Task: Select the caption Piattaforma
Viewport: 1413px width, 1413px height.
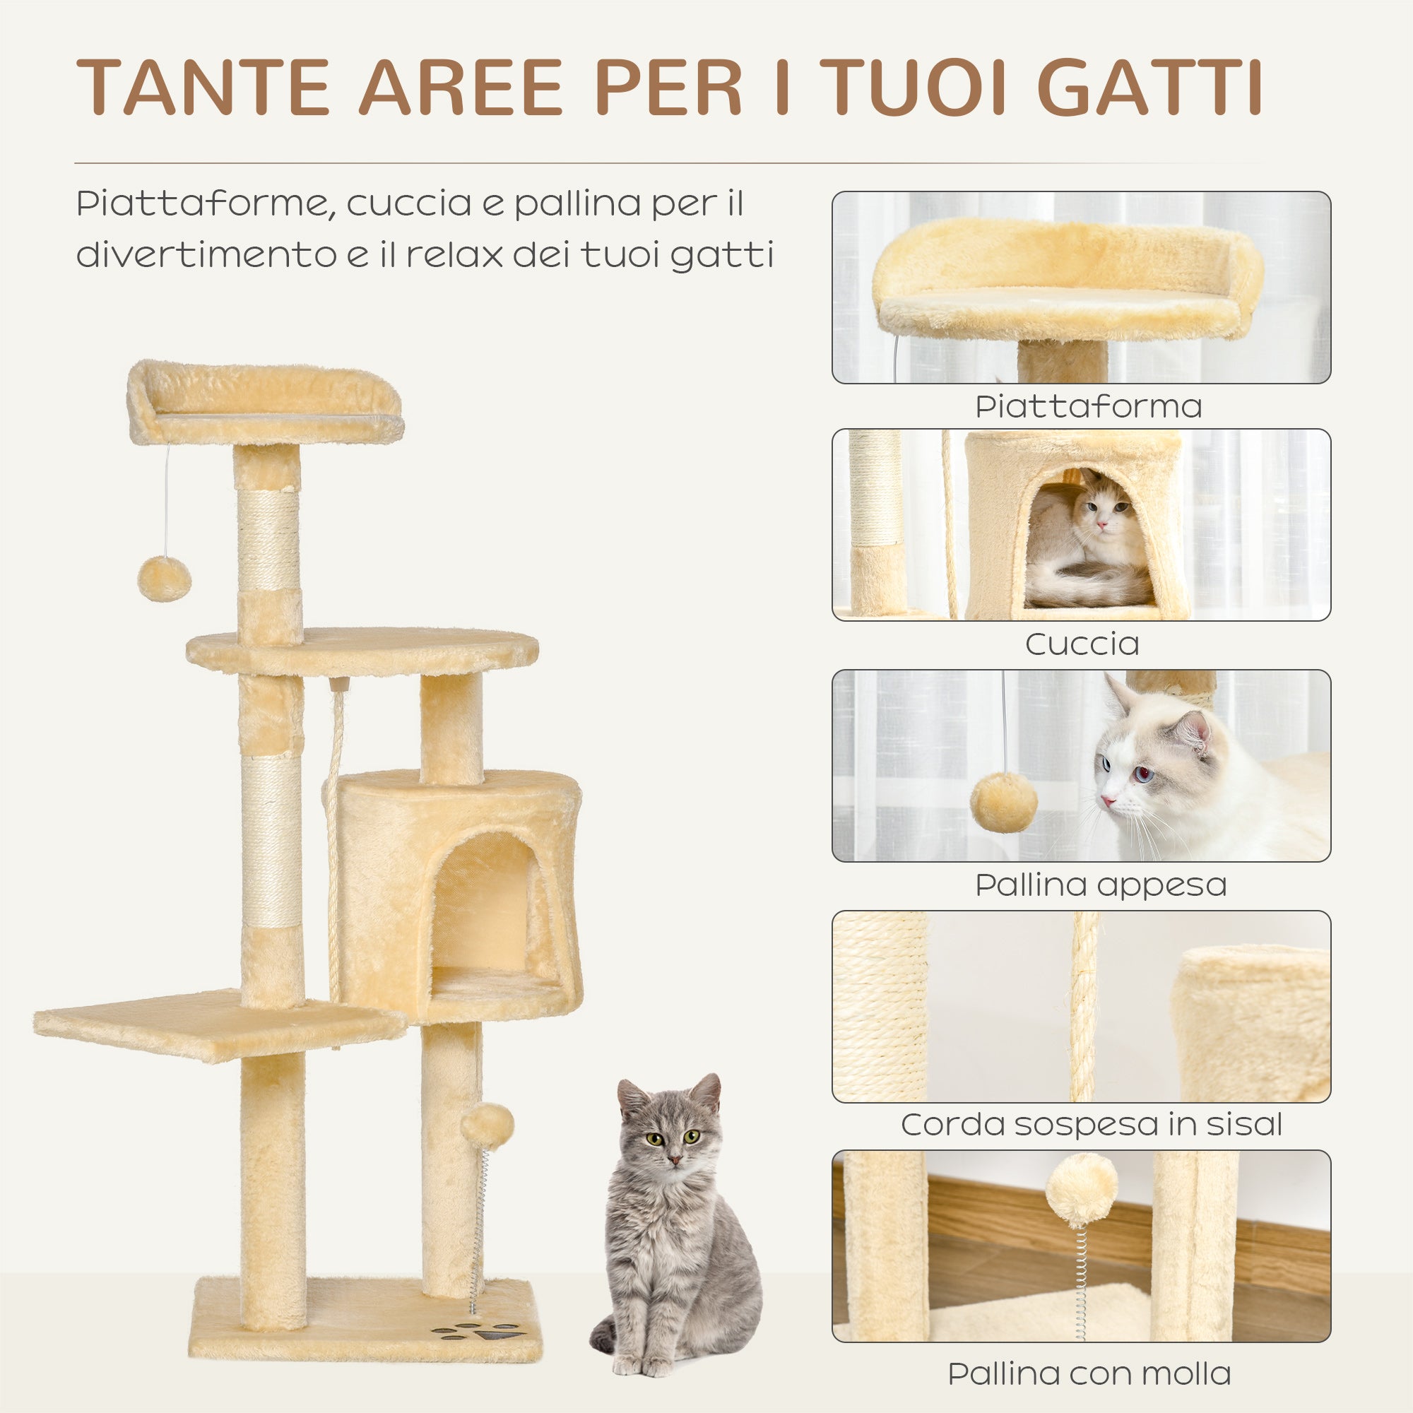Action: click(1088, 407)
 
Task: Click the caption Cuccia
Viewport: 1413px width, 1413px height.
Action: click(1082, 644)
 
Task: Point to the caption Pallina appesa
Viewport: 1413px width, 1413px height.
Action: click(1101, 885)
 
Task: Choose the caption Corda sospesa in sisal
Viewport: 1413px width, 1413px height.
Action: click(1092, 1125)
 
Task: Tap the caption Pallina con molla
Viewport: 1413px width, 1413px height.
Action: click(1089, 1373)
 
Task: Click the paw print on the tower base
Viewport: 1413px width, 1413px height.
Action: click(479, 1329)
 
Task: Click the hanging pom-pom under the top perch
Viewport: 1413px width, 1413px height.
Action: click(164, 579)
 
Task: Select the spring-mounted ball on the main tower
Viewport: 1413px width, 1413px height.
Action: click(487, 1127)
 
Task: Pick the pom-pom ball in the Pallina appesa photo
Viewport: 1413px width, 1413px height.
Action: click(1003, 803)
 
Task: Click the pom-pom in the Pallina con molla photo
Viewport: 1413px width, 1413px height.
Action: click(1081, 1190)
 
